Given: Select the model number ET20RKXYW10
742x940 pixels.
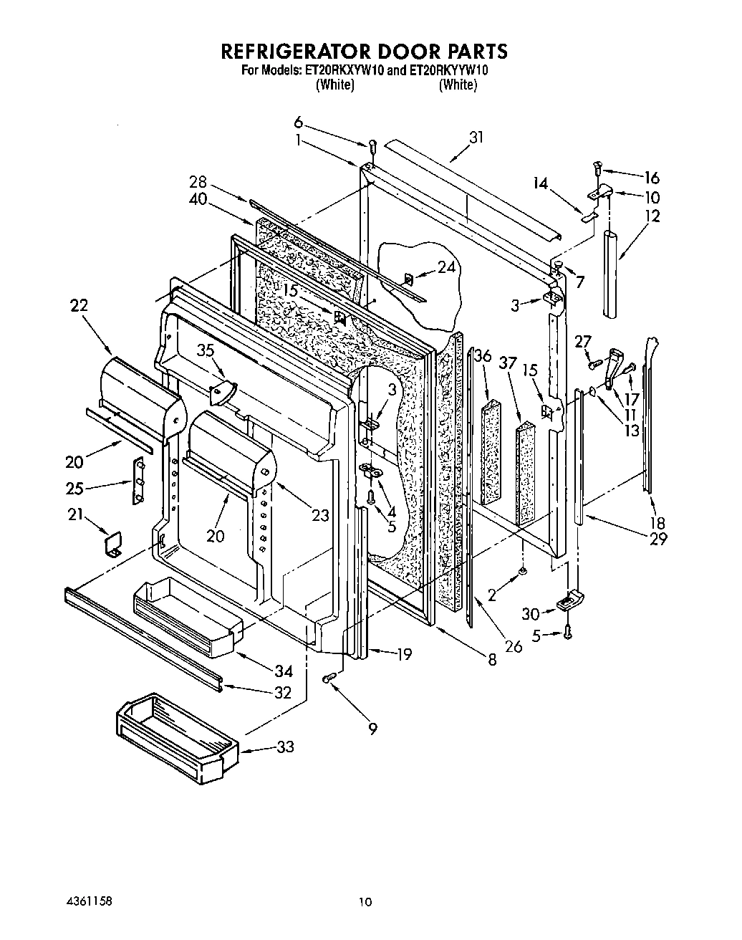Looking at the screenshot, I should click(x=344, y=70).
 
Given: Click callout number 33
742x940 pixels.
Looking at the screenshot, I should click(x=285, y=747).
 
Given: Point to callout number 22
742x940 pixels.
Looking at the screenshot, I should click(x=79, y=305).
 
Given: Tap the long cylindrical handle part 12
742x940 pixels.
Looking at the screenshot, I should click(x=611, y=272).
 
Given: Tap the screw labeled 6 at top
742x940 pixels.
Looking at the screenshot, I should click(x=372, y=148).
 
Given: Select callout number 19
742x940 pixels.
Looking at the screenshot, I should click(x=404, y=653).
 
